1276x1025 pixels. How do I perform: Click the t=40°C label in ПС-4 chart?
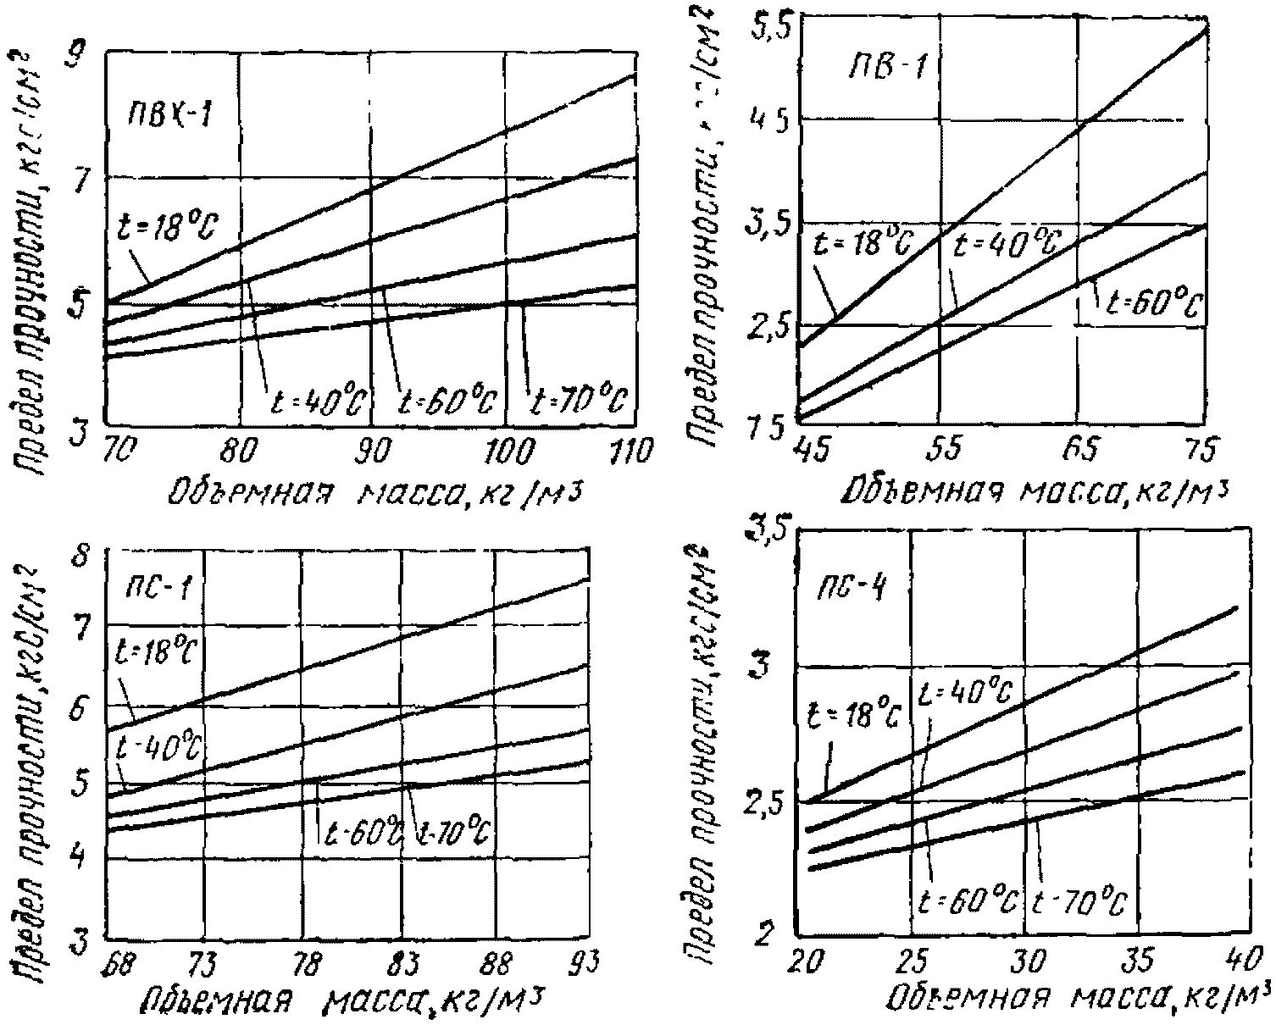pyautogui.click(x=964, y=694)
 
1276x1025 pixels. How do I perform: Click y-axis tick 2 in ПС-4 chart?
pyautogui.click(x=767, y=934)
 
